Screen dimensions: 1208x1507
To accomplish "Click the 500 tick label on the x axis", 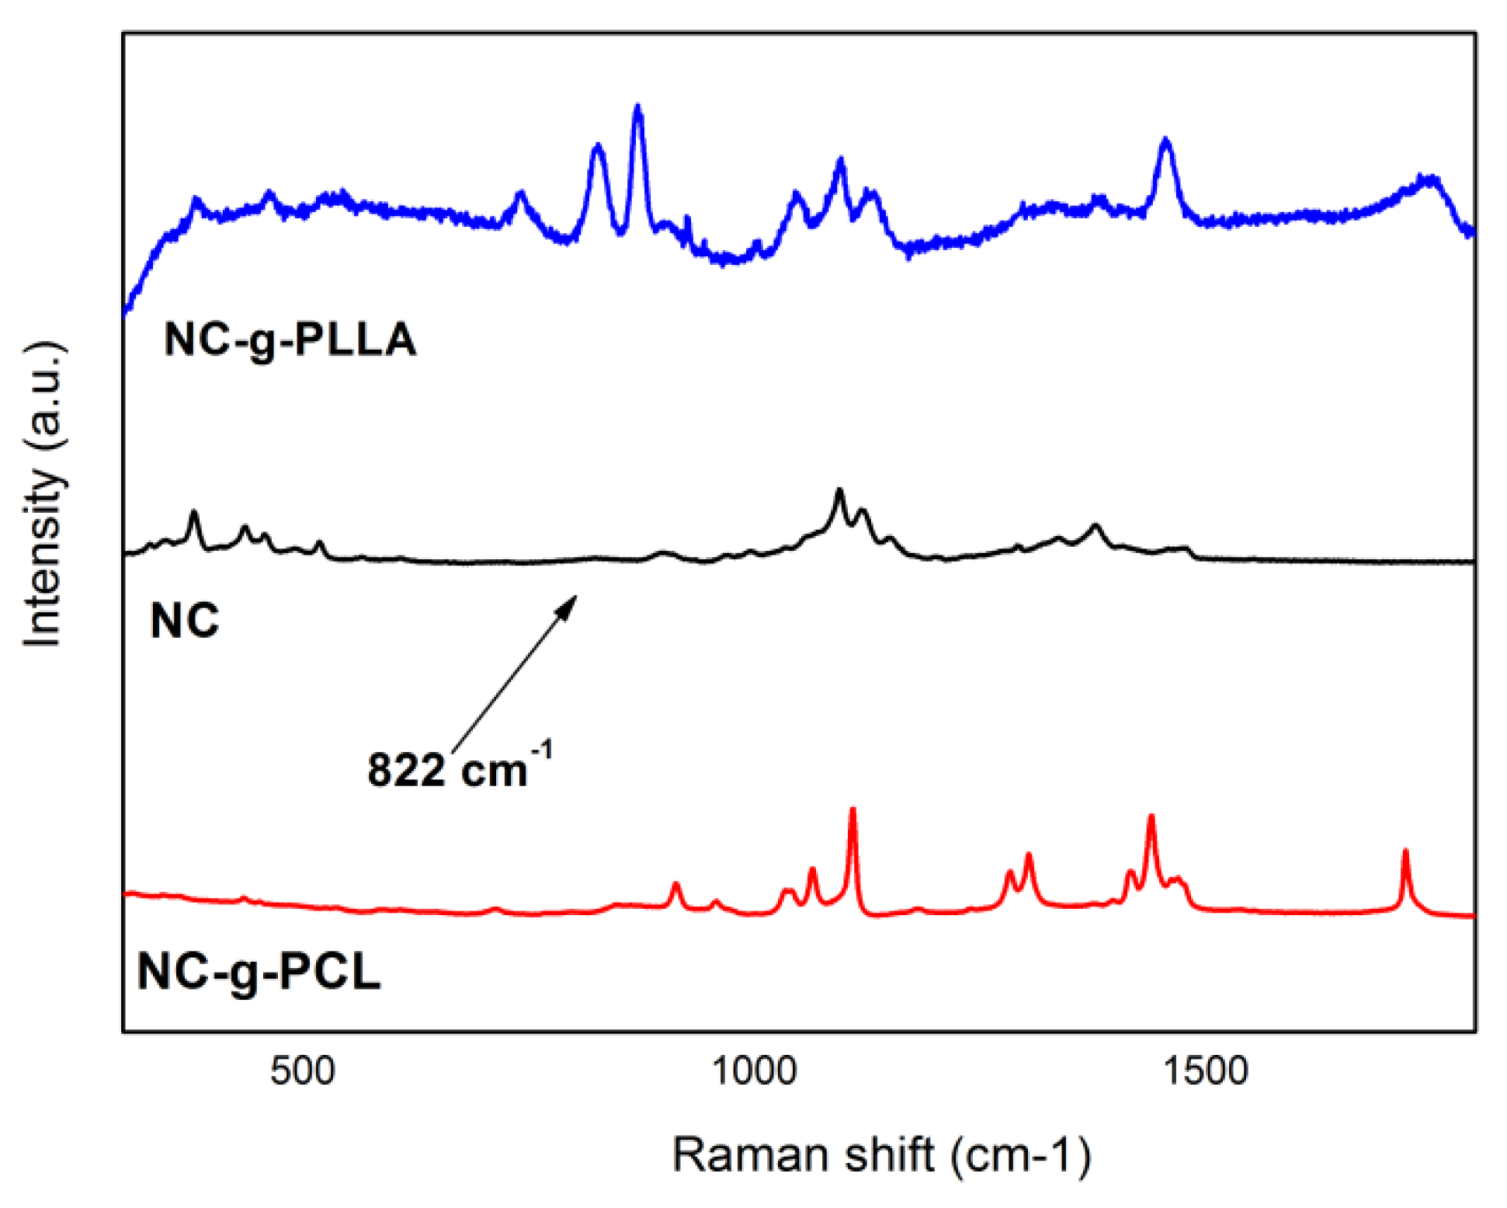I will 302,1070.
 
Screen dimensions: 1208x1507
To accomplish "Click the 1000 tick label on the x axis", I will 754,1070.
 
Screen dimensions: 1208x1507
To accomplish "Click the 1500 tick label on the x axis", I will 1205,1070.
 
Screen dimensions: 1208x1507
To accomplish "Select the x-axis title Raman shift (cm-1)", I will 882,1154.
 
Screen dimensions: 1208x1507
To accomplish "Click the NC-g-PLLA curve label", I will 290,339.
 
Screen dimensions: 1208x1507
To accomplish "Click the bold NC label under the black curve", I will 184,621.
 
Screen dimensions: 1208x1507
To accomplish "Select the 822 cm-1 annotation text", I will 458,769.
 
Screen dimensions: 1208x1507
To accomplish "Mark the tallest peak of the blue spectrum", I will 638,108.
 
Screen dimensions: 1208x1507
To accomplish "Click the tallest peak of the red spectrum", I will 852,811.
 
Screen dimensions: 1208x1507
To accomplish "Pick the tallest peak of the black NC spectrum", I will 839,491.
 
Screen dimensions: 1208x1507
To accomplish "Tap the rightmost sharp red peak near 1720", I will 1405,853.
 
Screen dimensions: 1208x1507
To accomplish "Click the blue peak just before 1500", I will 1165,141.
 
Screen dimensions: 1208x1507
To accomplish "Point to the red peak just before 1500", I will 1151,817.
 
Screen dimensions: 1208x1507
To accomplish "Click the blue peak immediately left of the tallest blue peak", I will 597,146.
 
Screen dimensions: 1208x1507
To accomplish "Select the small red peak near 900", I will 675,885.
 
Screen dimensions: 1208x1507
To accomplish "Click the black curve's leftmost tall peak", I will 194,513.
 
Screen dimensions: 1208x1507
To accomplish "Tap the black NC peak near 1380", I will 1096,527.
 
